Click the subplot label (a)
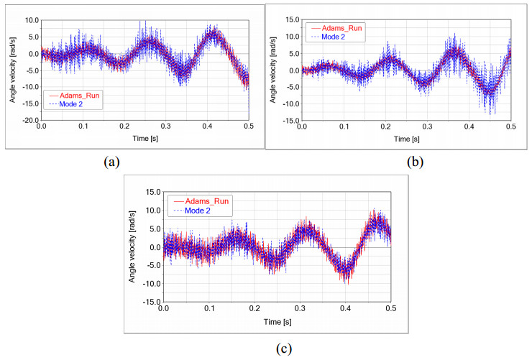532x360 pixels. [x=111, y=162]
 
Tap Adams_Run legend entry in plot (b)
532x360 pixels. [x=335, y=29]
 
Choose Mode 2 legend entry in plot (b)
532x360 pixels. [x=330, y=38]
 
